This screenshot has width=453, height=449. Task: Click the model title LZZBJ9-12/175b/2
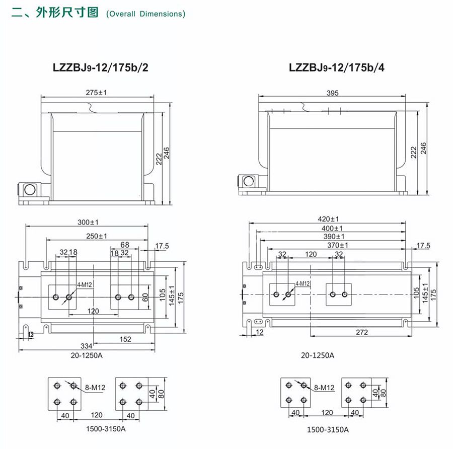click(100, 67)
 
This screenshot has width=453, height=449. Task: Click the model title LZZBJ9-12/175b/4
click(337, 67)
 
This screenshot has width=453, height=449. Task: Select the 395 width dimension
click(333, 93)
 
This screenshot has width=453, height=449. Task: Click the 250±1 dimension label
click(96, 236)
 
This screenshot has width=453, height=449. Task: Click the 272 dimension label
click(361, 332)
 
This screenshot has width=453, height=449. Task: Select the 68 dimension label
click(125, 245)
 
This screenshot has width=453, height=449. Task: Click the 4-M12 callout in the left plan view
click(84, 285)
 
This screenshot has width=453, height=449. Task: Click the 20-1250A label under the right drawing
click(318, 355)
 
